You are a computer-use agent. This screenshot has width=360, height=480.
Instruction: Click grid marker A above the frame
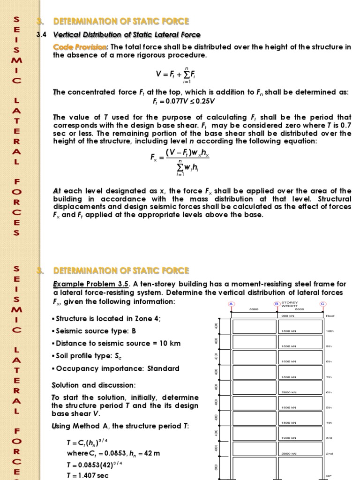231,304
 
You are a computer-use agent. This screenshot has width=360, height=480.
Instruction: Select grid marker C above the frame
322,304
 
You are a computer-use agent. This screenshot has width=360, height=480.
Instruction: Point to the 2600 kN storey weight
288,392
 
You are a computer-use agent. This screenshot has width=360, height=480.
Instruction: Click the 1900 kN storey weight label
288,438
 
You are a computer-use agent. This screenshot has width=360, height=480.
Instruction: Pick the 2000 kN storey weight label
288,454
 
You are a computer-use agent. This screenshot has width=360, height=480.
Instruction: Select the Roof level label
330,316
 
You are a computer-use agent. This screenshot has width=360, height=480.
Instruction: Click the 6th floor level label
329,392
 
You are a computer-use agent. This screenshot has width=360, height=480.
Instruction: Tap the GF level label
329,476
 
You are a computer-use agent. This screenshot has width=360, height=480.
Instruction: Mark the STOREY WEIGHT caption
290,304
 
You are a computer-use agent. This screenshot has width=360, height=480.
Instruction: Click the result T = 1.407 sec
88,475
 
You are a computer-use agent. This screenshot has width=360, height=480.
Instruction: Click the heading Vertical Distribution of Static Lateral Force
127,35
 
